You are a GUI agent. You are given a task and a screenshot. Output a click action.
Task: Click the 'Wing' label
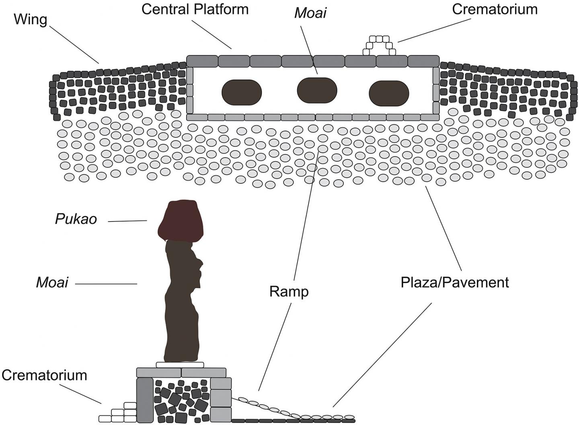click(30, 19)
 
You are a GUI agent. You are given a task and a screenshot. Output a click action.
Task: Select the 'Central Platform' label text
click(195, 9)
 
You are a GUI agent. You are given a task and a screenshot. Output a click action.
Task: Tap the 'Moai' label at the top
click(310, 13)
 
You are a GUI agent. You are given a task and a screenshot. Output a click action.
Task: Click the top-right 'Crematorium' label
click(495, 9)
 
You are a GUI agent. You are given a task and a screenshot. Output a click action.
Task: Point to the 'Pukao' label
click(76, 219)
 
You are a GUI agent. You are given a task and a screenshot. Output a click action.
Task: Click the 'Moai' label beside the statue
click(52, 282)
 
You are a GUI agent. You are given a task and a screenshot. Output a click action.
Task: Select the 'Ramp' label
click(289, 292)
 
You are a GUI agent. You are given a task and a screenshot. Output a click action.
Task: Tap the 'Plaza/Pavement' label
click(454, 282)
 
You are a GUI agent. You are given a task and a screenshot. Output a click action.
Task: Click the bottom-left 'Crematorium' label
click(44, 375)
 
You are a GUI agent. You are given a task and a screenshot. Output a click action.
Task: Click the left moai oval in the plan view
click(242, 92)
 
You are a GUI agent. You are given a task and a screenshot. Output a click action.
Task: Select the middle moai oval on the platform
click(317, 90)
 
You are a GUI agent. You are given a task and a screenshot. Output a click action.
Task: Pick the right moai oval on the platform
click(389, 93)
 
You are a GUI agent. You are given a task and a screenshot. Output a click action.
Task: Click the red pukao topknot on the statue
click(181, 220)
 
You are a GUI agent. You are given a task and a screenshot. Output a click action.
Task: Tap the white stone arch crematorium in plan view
click(379, 45)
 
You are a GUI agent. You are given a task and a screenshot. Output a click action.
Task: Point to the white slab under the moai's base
click(180, 365)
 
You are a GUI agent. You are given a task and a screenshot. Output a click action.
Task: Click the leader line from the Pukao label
click(127, 221)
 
